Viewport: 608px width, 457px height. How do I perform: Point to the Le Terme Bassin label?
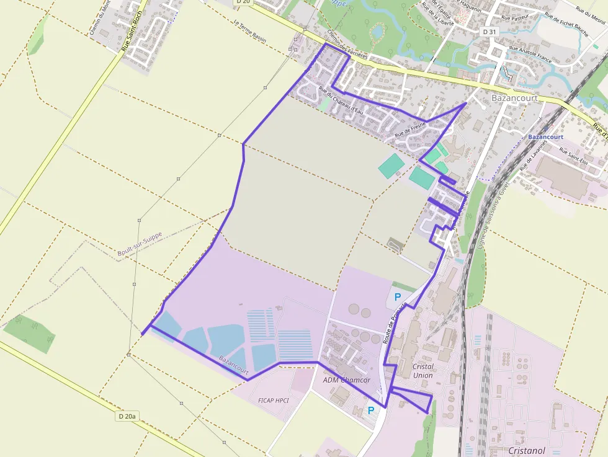(250, 32)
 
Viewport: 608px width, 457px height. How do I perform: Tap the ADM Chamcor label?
(347, 379)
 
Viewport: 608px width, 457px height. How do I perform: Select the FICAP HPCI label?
(273, 401)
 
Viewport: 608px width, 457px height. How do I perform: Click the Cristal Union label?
(423, 371)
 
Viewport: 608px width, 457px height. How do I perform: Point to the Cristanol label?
(526, 451)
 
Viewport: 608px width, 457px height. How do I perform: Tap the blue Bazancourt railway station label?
(545, 136)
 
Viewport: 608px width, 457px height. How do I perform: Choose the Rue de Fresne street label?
(410, 129)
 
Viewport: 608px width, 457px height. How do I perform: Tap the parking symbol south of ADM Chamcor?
(371, 410)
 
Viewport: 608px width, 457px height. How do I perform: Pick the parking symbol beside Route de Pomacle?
(397, 297)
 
